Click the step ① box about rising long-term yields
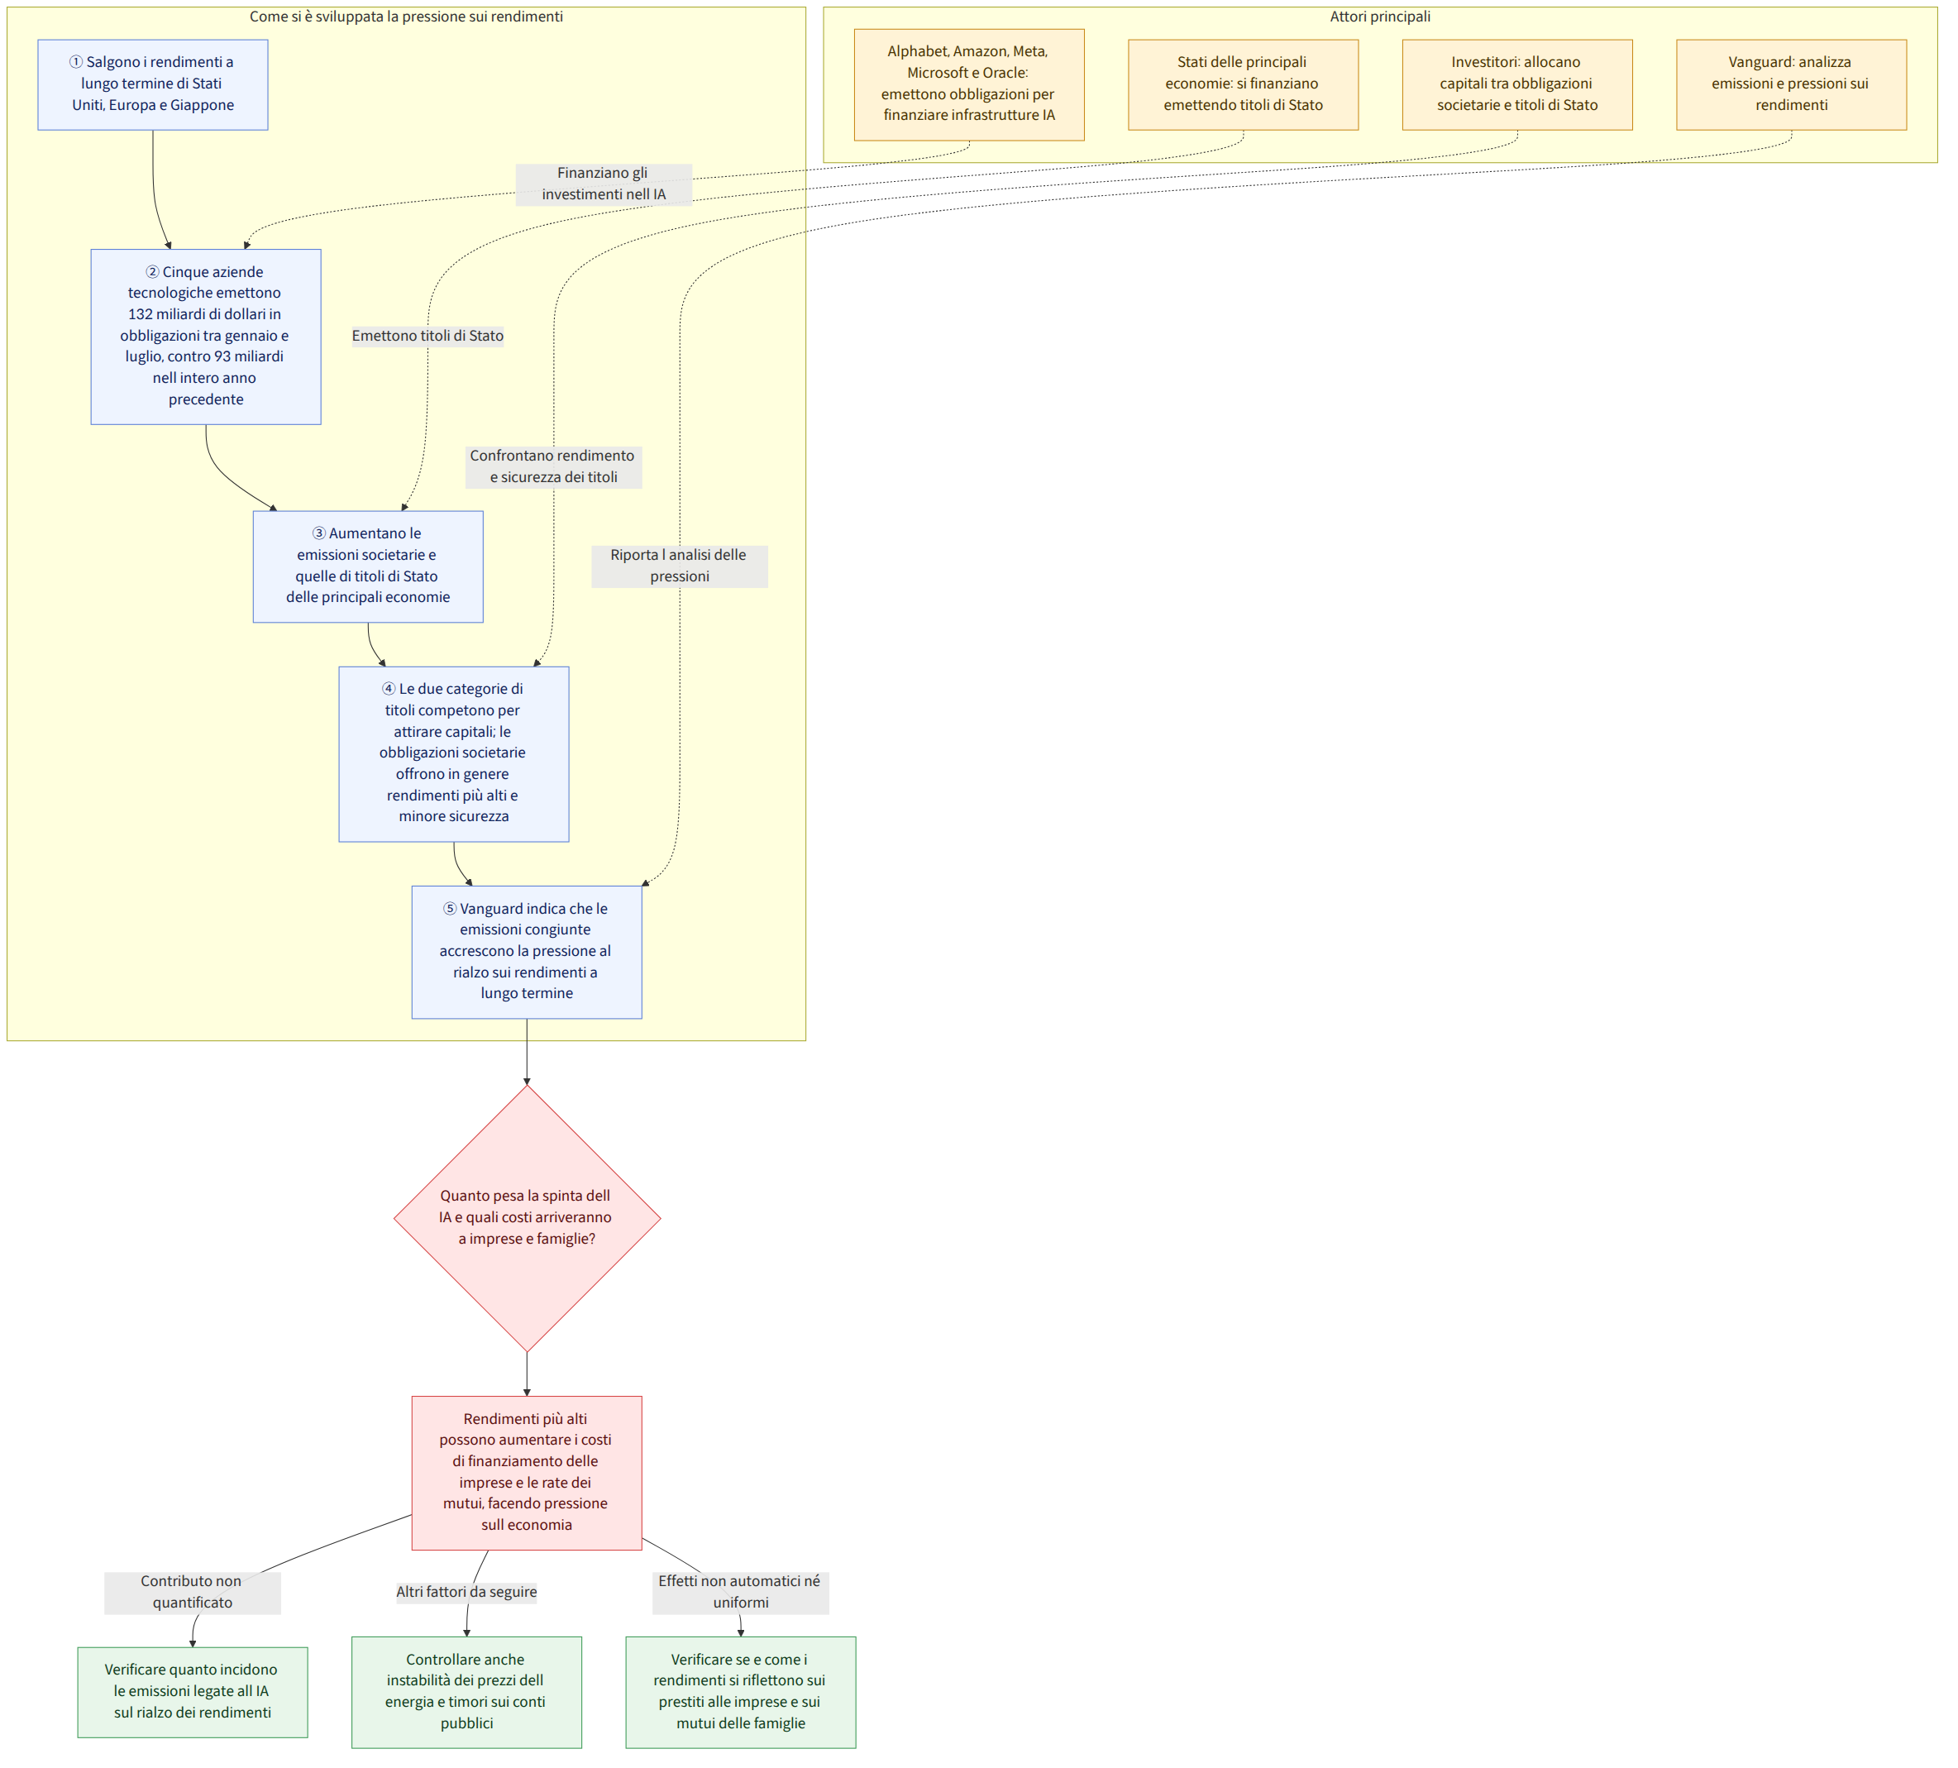pyautogui.click(x=154, y=84)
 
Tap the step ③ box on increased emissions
pyautogui.click(x=368, y=566)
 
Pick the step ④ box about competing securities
pyautogui.click(x=454, y=754)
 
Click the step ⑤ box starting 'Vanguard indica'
pyautogui.click(x=527, y=952)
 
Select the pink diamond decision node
pyautogui.click(x=528, y=1218)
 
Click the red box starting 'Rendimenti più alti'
pyautogui.click(x=527, y=1473)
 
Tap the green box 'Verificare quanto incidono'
pyautogui.click(x=193, y=1692)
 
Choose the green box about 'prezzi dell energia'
pyautogui.click(x=467, y=1692)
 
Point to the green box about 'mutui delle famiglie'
pyautogui.click(x=741, y=1692)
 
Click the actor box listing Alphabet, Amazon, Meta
pyautogui.click(x=969, y=84)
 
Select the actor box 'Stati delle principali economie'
pyautogui.click(x=1243, y=84)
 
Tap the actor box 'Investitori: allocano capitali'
pyautogui.click(x=1517, y=84)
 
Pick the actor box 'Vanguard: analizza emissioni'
pyautogui.click(x=1791, y=84)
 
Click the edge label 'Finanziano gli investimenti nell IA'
pyautogui.click(x=604, y=184)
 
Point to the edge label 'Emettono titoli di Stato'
pyautogui.click(x=427, y=336)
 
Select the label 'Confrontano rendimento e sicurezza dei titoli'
pyautogui.click(x=554, y=467)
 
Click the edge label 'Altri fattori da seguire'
pyautogui.click(x=466, y=1592)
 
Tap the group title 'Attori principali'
pyautogui.click(x=1380, y=17)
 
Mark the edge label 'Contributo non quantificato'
pyautogui.click(x=193, y=1592)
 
